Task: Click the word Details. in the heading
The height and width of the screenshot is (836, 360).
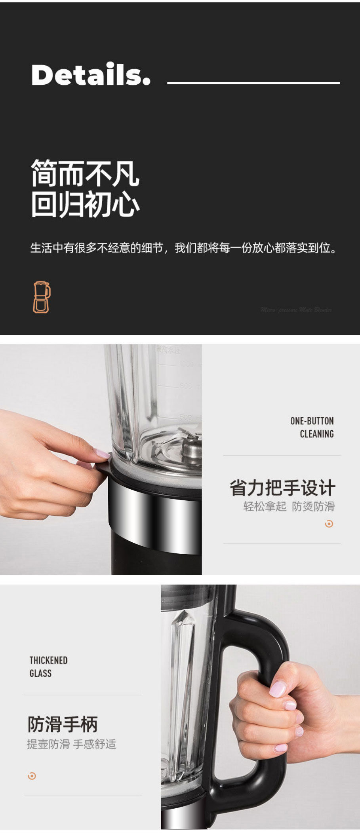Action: pyautogui.click(x=91, y=74)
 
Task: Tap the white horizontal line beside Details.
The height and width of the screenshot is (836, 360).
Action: pyautogui.click(x=253, y=83)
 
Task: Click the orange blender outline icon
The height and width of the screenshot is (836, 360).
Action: pyautogui.click(x=41, y=297)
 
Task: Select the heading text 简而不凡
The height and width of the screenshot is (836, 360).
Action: pyautogui.click(x=85, y=173)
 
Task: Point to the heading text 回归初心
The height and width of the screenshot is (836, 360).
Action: pyautogui.click(x=85, y=204)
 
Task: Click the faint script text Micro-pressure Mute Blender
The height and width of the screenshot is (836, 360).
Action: pyautogui.click(x=296, y=310)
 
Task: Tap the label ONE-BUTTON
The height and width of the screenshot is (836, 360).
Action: pyautogui.click(x=312, y=421)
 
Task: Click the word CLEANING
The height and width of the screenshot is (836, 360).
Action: pyautogui.click(x=316, y=434)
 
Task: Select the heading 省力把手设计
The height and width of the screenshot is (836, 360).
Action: pyautogui.click(x=282, y=488)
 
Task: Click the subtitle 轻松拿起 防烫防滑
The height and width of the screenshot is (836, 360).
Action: pyautogui.click(x=289, y=506)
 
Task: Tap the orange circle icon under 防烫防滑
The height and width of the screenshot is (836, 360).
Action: pyautogui.click(x=329, y=524)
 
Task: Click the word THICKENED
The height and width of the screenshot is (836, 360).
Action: pyautogui.click(x=48, y=660)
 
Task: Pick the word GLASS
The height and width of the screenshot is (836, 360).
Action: pyautogui.click(x=40, y=673)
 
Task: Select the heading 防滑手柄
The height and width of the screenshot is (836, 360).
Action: pyautogui.click(x=63, y=724)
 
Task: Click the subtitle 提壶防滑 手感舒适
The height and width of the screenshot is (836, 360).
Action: pyautogui.click(x=71, y=744)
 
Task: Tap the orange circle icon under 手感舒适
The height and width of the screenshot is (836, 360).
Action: pyautogui.click(x=32, y=776)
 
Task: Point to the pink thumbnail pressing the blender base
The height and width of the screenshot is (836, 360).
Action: pyautogui.click(x=102, y=454)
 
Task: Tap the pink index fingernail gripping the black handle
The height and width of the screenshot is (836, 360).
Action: pyautogui.click(x=278, y=689)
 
